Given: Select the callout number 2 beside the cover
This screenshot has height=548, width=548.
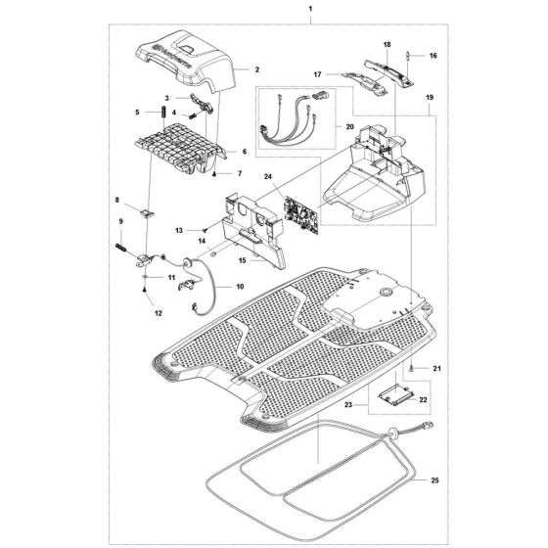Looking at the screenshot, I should tap(256, 69).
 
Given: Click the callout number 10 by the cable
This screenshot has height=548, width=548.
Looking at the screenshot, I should tap(241, 287).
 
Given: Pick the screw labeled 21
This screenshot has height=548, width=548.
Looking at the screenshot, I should tap(412, 366).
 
